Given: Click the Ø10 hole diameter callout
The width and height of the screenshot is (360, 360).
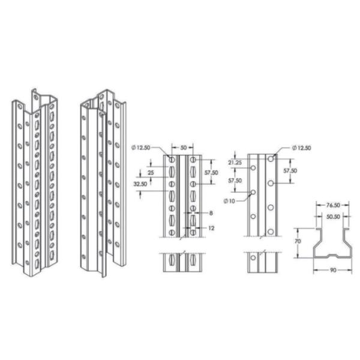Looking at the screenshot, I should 228,200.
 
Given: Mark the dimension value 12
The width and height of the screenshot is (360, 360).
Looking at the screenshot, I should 212,228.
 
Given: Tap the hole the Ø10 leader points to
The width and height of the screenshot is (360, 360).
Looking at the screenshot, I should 253,192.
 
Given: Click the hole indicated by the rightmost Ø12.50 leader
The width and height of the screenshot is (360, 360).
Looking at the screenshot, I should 271,158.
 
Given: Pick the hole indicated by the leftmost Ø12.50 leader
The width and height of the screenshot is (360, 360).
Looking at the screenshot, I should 172,160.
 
